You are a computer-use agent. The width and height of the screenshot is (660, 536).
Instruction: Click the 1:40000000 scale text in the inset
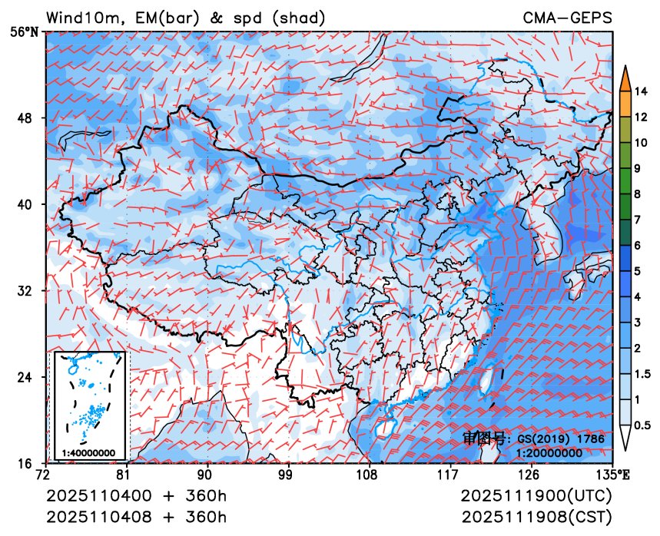(88, 453)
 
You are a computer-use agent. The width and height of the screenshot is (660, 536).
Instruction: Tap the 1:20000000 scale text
(549, 453)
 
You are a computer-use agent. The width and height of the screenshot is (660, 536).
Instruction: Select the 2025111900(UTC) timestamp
(536, 495)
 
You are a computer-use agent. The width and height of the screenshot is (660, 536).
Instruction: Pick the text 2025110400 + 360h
(137, 495)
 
